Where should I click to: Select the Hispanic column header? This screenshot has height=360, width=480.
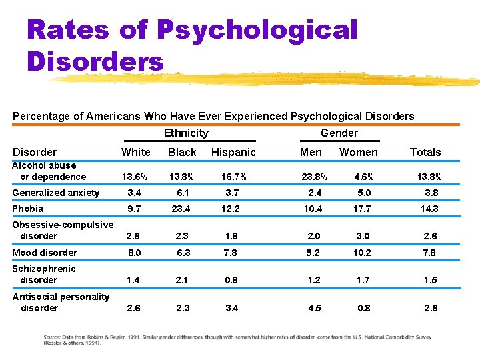(233, 152)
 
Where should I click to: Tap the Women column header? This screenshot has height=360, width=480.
(358, 152)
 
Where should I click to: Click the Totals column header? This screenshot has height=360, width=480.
(425, 152)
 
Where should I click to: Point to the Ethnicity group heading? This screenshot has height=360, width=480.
(186, 133)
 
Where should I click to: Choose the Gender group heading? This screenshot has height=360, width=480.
(339, 133)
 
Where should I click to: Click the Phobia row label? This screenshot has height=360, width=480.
(27, 209)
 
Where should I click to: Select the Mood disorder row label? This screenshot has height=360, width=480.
(45, 253)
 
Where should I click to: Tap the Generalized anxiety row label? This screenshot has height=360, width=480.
(56, 193)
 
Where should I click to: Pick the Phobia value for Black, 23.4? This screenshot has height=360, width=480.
(182, 209)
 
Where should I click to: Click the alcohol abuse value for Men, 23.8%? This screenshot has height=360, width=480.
(315, 177)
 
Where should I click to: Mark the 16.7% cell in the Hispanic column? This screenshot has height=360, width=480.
(233, 177)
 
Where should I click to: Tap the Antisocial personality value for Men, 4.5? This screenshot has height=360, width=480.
(315, 308)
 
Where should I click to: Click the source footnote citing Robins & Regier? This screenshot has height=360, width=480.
(237, 340)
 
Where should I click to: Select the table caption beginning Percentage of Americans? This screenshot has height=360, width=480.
(213, 116)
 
